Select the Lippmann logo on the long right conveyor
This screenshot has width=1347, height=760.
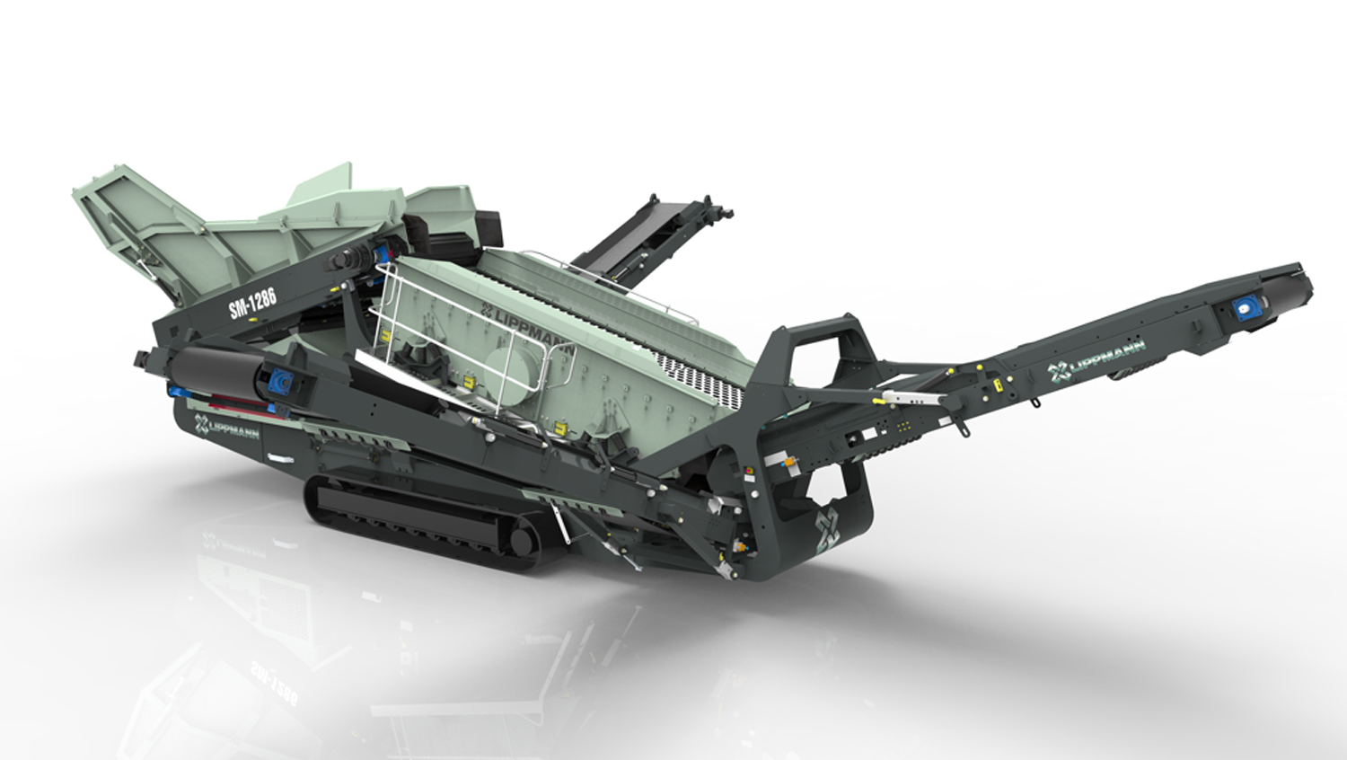1096,360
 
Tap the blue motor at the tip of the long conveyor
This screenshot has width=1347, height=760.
1241,309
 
